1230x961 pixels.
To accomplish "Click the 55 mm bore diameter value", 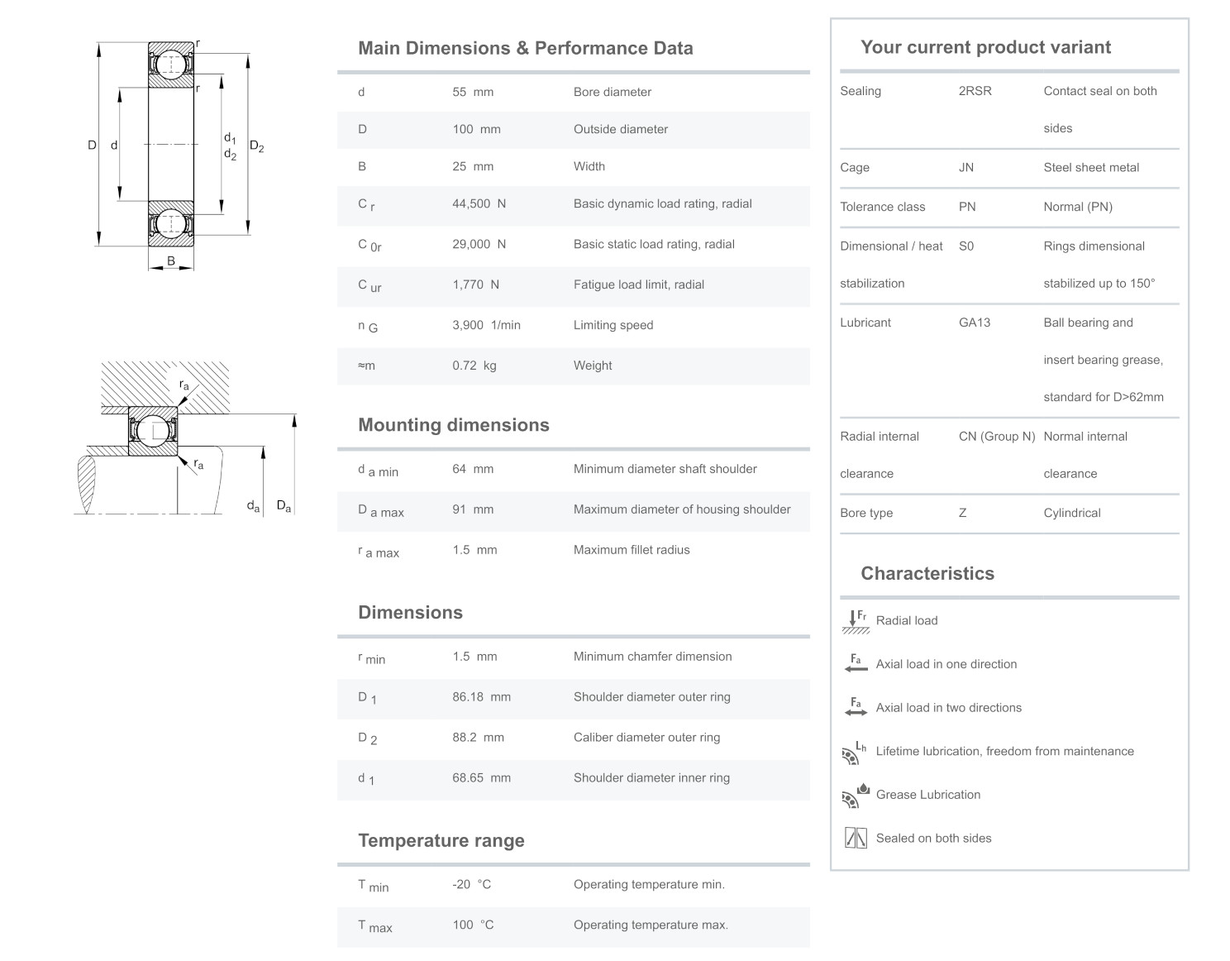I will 472,92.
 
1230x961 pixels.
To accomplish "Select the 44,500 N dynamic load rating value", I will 479,203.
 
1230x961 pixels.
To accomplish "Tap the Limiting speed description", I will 613,325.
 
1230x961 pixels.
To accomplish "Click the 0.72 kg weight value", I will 474,366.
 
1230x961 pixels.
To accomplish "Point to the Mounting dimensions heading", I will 453,425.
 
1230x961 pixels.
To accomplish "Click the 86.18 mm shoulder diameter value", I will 481,697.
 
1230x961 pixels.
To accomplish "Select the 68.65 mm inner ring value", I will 481,778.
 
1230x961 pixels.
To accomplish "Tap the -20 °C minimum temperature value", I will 471,885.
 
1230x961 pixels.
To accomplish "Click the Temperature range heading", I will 441,841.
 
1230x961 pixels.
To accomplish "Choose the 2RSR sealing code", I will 975,91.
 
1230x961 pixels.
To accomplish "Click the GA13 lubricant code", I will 974,323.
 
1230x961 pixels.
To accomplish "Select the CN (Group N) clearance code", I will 996,437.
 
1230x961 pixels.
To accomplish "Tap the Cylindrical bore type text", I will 1071,513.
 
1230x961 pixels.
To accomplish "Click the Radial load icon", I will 856,621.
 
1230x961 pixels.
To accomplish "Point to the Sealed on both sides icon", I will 856,839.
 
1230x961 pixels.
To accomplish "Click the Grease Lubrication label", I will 927,795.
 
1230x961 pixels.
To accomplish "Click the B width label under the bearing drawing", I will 171,261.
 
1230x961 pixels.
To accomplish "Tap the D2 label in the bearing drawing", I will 257,147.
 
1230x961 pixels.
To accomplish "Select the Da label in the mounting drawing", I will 284,505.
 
